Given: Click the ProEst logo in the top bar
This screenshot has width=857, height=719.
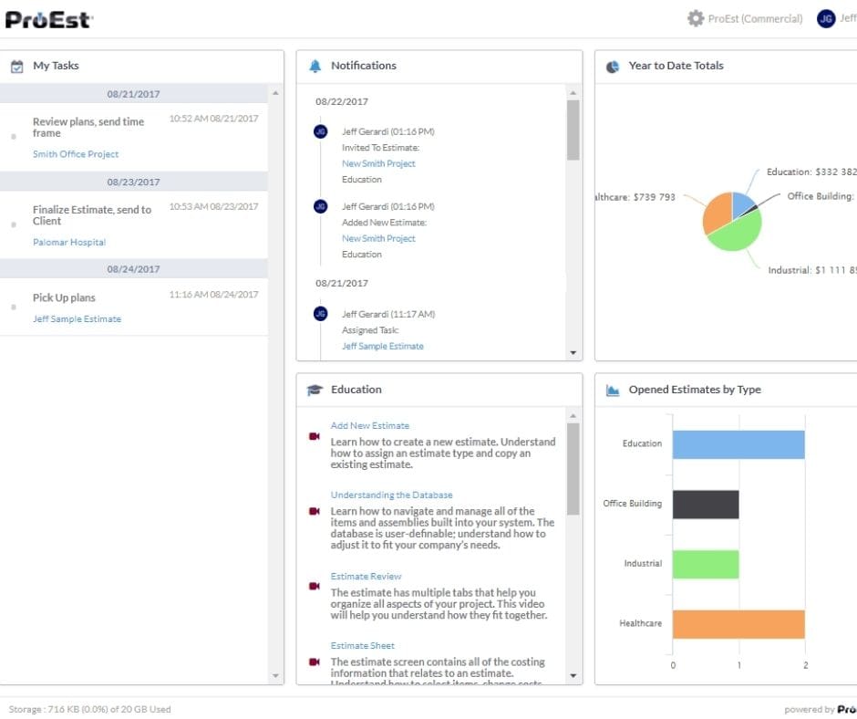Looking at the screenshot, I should (48, 18).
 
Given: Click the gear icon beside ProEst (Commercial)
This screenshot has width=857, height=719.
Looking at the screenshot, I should (696, 18).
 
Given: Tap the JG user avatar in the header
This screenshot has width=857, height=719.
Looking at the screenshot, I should (826, 18).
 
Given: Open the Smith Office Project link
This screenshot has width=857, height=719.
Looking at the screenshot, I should (76, 154).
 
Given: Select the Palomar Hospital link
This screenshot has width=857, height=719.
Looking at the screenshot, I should (69, 242).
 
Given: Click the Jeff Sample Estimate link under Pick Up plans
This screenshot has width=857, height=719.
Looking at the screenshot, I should (77, 318).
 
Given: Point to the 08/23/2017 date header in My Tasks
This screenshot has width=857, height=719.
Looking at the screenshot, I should (133, 182).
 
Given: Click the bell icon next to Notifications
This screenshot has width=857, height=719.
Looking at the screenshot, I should (315, 66).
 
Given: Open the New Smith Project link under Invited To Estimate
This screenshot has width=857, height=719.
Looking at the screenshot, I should (378, 163).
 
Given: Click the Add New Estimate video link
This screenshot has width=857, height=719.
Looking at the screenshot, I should (369, 425).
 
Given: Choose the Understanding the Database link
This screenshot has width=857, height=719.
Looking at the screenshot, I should (391, 495).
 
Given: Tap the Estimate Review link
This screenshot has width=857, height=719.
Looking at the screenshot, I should (366, 576).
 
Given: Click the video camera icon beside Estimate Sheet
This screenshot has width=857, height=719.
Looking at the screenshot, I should (315, 662).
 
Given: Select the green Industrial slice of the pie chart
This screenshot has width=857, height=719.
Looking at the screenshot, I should (734, 233).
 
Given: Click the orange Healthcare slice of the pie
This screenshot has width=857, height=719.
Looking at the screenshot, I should (716, 214).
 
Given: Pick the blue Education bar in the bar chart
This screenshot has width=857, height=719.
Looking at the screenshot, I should (738, 444).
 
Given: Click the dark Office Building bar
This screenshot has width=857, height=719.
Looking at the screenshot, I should (706, 504).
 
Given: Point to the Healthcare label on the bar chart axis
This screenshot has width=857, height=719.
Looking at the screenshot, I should (640, 623).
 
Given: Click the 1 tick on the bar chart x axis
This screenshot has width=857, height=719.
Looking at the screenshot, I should (738, 665).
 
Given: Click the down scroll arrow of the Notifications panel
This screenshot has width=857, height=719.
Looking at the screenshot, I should (573, 352).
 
